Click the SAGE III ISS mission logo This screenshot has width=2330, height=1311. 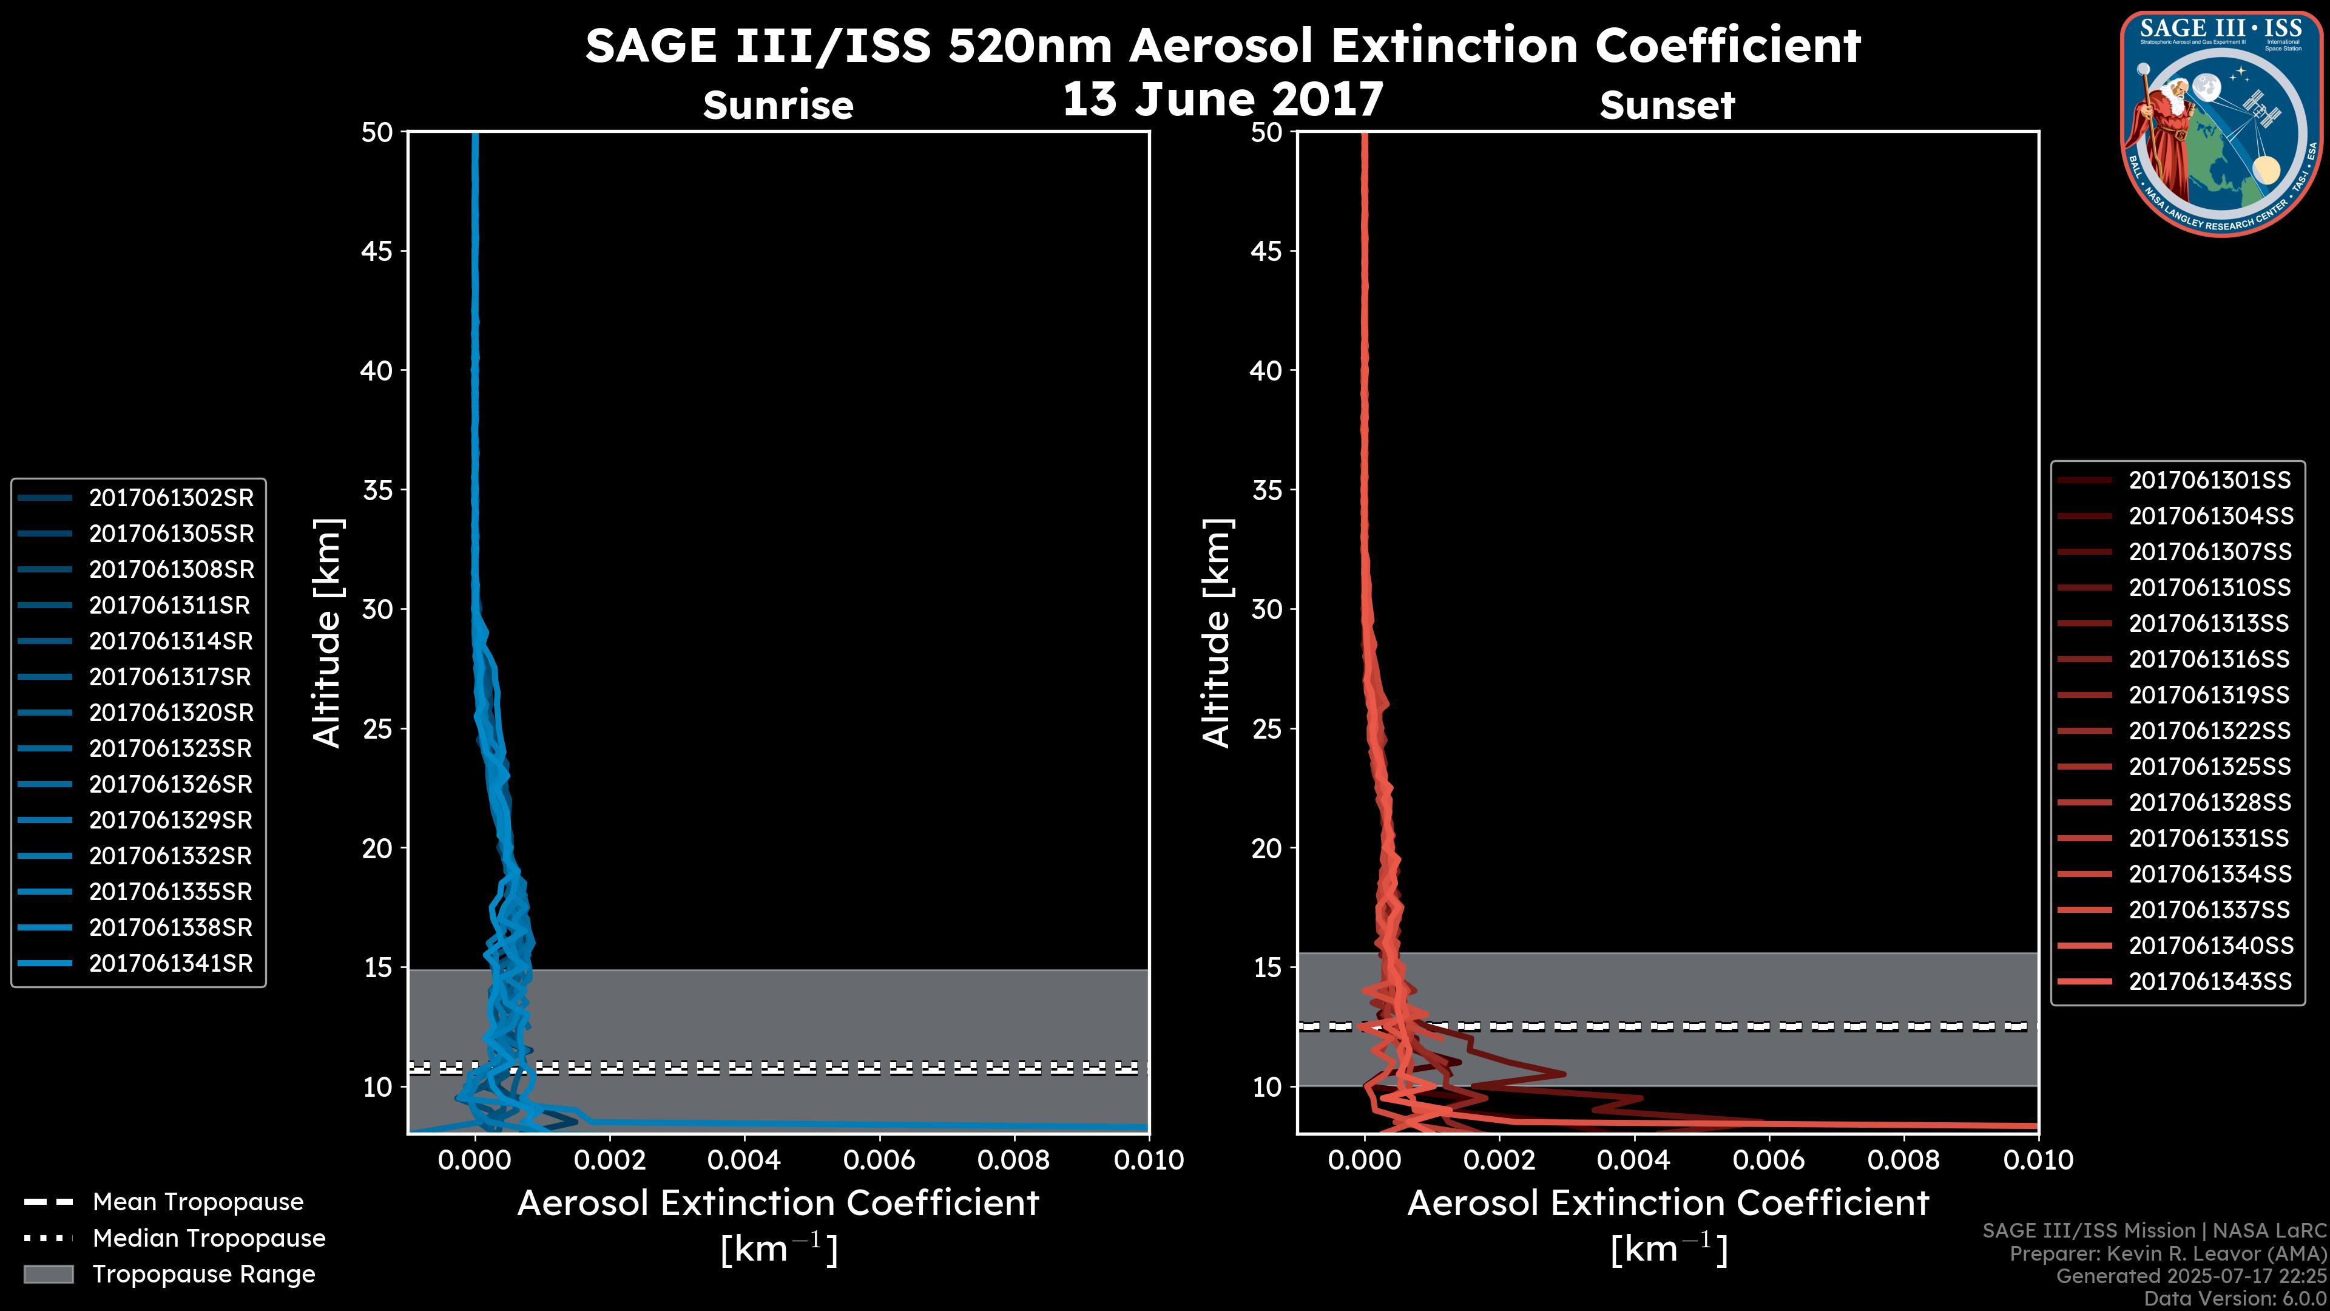tap(2221, 124)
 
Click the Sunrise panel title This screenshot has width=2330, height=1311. tap(778, 106)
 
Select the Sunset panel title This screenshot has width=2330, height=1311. tap(1667, 106)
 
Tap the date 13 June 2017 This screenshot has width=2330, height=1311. tap(1222, 100)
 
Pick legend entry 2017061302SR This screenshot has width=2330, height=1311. tap(171, 498)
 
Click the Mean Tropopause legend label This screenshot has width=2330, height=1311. tap(198, 1202)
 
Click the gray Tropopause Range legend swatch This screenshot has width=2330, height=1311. tap(48, 1274)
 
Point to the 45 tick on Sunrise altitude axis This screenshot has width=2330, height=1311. tap(378, 251)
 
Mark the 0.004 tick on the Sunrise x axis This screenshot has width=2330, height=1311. tap(745, 1160)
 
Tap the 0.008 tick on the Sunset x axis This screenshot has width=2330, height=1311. tap(1904, 1160)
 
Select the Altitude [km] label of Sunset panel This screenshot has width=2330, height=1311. tap(1217, 633)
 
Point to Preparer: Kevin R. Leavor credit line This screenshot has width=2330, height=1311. tap(2167, 1253)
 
